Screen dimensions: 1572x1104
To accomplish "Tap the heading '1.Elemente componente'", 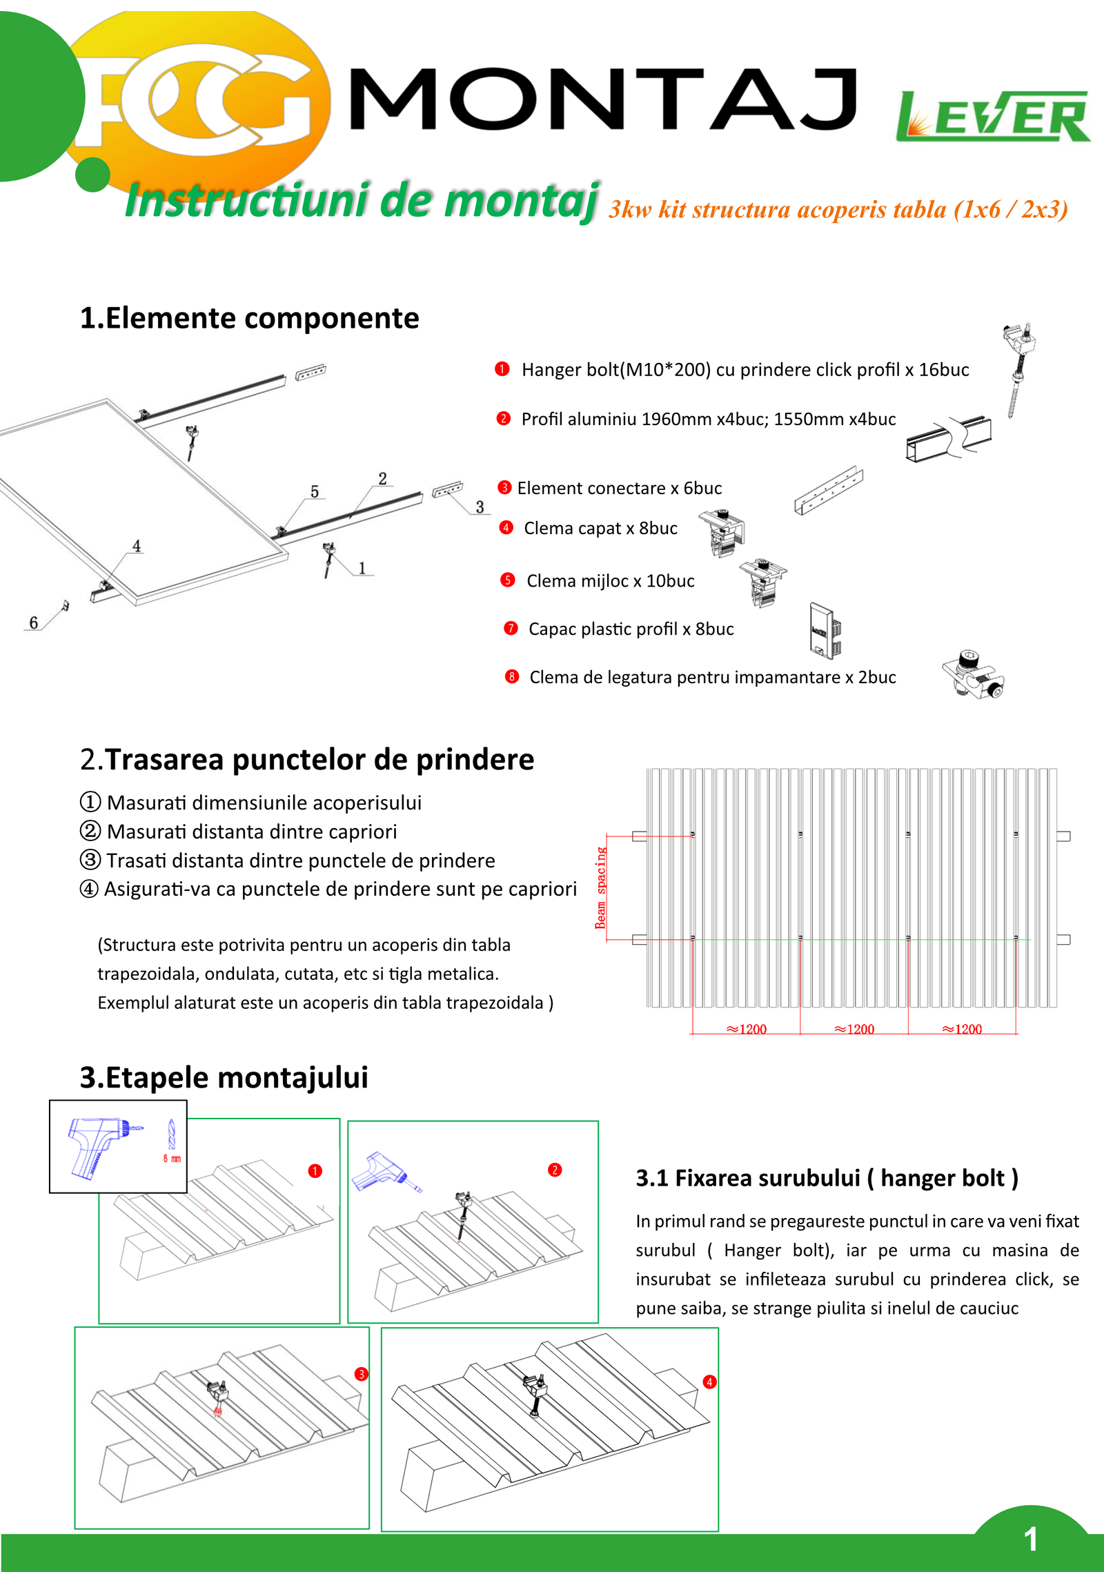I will click(x=249, y=318).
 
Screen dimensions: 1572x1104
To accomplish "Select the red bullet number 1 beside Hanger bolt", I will click(x=502, y=369).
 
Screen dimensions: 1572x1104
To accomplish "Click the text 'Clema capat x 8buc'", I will click(x=600, y=528).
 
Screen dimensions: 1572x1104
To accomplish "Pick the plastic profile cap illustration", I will click(x=824, y=630).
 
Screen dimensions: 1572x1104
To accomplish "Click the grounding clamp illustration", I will click(x=973, y=674).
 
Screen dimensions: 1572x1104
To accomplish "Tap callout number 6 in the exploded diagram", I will click(x=33, y=622).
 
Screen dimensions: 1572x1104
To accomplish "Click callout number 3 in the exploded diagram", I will click(x=480, y=507).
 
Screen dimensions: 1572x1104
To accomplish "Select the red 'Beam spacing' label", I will click(x=600, y=887).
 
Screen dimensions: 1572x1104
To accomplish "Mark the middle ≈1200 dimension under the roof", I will click(x=854, y=1029).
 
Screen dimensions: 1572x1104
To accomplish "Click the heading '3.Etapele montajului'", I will click(x=224, y=1077).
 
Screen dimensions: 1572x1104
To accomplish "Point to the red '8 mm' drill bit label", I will click(x=172, y=1159).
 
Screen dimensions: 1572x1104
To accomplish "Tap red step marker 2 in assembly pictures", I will click(x=555, y=1170).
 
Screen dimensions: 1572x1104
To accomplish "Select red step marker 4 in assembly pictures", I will click(x=709, y=1382).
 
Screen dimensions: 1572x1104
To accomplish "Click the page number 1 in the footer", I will click(x=1031, y=1540).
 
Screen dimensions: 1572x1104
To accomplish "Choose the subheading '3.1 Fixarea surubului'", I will click(x=827, y=1178).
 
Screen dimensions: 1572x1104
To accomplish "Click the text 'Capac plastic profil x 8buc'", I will click(x=631, y=629).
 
